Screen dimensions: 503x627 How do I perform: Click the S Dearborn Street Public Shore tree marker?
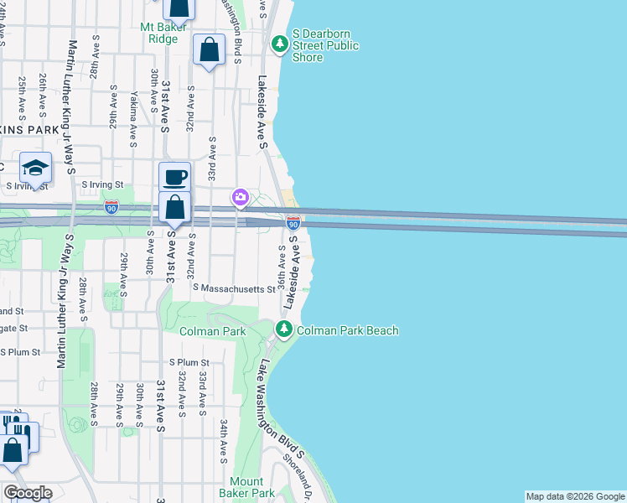click(x=279, y=42)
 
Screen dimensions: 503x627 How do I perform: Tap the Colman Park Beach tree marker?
click(x=285, y=330)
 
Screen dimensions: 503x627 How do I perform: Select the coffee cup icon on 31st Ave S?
click(x=175, y=177)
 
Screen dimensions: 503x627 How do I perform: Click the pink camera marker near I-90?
click(x=241, y=197)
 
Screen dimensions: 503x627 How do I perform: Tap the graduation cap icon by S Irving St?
click(x=35, y=167)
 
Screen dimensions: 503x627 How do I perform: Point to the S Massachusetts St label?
click(x=233, y=288)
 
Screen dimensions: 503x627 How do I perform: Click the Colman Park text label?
click(x=213, y=331)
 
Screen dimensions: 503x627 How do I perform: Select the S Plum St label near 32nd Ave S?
click(x=189, y=363)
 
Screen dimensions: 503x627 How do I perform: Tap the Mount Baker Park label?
click(x=246, y=487)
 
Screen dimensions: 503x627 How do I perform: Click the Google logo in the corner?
click(x=27, y=493)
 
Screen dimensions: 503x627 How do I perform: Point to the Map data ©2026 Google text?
click(x=575, y=496)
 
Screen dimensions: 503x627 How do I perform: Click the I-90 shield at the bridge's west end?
click(x=293, y=224)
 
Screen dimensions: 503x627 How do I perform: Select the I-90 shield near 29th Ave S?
click(x=111, y=205)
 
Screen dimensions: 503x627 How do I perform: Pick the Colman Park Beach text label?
click(x=348, y=331)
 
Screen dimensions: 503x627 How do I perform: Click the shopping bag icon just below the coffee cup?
click(x=175, y=207)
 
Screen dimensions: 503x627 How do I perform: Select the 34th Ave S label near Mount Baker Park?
click(x=224, y=441)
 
